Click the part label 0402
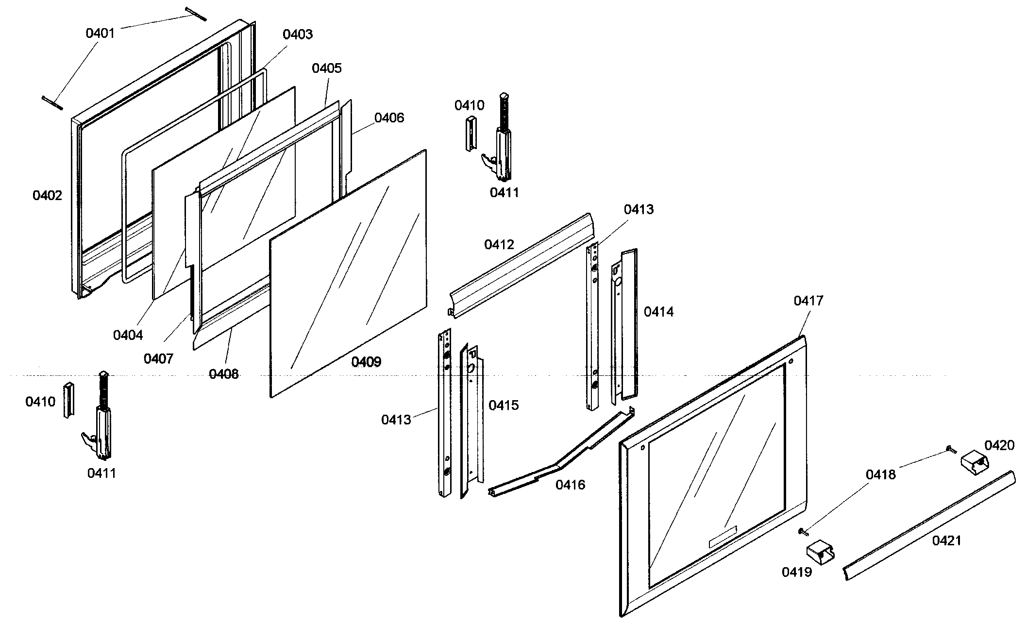click(47, 196)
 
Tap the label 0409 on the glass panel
click(366, 362)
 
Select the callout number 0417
click(808, 301)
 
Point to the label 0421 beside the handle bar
click(946, 540)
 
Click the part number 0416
click(570, 485)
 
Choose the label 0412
click(499, 244)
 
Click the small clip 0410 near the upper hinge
click(471, 134)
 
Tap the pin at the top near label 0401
click(196, 14)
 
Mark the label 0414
click(658, 312)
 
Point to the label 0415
click(504, 405)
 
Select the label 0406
click(389, 118)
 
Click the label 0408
click(223, 374)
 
